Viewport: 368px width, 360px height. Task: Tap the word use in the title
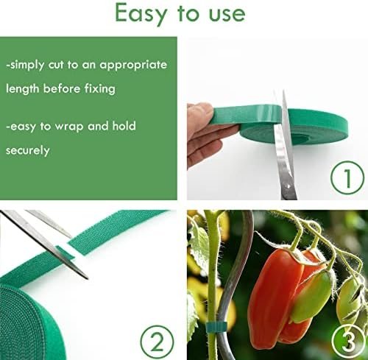coord(227,15)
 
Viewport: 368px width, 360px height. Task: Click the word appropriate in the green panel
coord(133,66)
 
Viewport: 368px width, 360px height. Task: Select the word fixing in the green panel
coord(100,89)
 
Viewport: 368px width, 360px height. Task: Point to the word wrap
coord(69,127)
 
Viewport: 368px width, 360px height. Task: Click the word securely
coord(28,151)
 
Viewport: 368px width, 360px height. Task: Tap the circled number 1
coord(347,177)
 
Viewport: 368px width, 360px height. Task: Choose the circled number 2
coord(157,342)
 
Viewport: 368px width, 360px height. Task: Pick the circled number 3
coord(349,342)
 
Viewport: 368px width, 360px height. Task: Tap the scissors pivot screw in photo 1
coord(289,186)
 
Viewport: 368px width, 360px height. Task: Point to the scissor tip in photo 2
coord(87,278)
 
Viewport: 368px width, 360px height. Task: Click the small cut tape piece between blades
coord(65,253)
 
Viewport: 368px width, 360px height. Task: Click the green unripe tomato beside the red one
coord(311,297)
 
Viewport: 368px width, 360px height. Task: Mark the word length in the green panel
coord(23,89)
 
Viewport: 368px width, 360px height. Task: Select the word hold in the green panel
coord(124,126)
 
